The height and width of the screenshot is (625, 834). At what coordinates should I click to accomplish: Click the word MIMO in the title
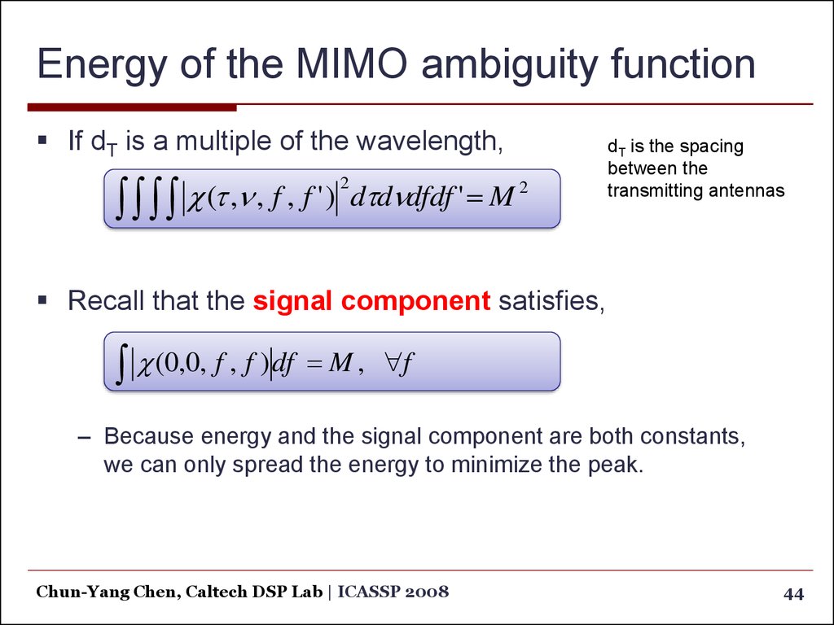pyautogui.click(x=352, y=63)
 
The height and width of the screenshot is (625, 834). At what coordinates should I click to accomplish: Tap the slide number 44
pyautogui.click(x=793, y=593)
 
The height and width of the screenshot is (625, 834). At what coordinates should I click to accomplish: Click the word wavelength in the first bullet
pyautogui.click(x=428, y=141)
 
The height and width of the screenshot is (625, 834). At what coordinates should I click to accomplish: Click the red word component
pyautogui.click(x=415, y=302)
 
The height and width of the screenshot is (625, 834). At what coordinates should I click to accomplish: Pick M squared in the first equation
pyautogui.click(x=507, y=196)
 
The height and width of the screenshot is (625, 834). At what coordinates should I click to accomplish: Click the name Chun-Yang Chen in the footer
pyautogui.click(x=105, y=592)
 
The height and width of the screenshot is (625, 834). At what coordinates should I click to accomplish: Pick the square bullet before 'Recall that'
pyautogui.click(x=42, y=301)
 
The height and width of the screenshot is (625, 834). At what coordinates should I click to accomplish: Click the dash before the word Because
pyautogui.click(x=85, y=438)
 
